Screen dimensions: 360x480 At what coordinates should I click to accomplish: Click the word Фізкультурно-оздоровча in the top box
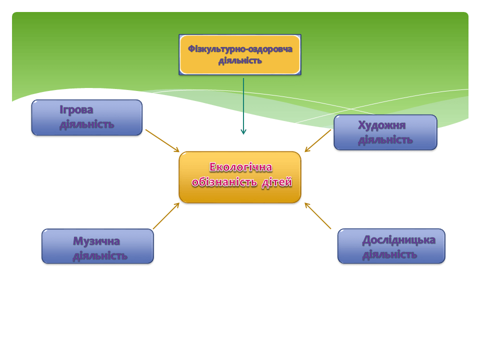[x=240, y=48]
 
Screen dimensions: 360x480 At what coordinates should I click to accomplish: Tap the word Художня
[x=381, y=125]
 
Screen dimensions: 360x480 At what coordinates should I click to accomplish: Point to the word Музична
[x=96, y=241]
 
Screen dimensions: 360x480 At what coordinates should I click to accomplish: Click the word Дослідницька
[x=398, y=240]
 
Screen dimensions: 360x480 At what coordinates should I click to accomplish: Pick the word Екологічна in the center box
[x=241, y=167]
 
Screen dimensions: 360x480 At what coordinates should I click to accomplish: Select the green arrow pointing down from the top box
[x=243, y=105]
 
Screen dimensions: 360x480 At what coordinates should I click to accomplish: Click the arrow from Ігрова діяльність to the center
[x=162, y=140]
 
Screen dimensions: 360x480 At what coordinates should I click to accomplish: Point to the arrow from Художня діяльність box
[x=318, y=140]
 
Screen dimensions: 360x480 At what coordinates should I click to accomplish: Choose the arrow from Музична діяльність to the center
[x=166, y=216]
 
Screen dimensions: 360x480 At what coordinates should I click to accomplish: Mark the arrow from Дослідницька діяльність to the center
[x=318, y=216]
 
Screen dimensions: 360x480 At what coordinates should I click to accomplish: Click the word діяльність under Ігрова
[x=86, y=124]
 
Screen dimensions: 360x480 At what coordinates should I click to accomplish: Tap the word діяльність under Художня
[x=385, y=139]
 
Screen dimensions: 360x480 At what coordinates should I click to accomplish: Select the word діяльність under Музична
[x=100, y=256]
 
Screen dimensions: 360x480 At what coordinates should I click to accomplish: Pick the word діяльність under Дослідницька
[x=389, y=254]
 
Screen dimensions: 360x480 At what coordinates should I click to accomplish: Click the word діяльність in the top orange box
[x=240, y=61]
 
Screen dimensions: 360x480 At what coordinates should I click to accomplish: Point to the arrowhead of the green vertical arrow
[x=243, y=132]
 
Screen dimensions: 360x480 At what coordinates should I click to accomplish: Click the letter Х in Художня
[x=361, y=125]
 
